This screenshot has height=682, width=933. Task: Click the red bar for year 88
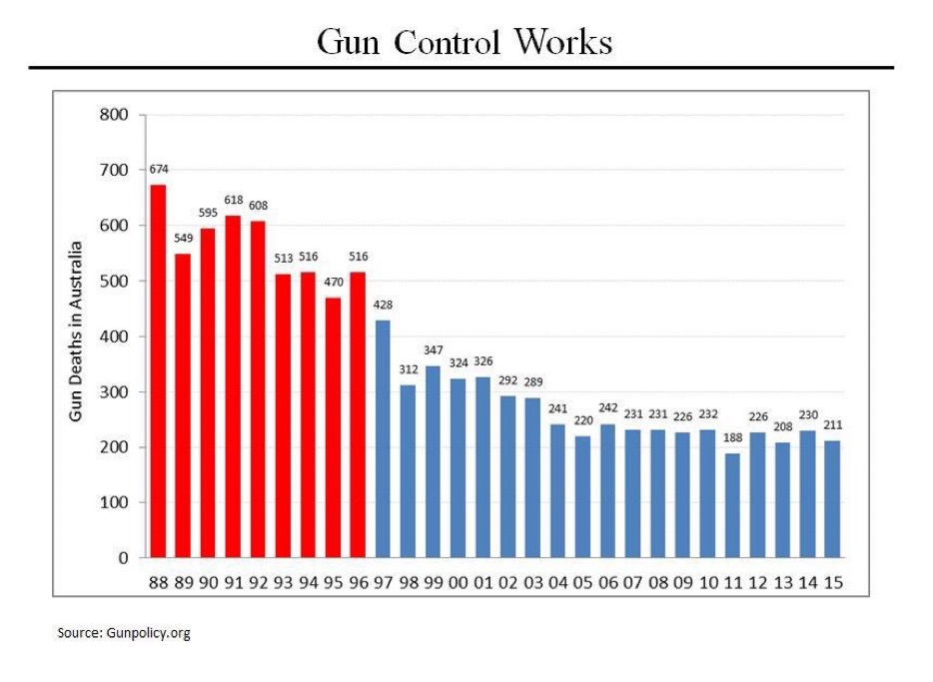158,370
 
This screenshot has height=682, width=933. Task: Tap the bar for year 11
732,505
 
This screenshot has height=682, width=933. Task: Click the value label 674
158,169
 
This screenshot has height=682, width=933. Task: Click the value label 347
434,350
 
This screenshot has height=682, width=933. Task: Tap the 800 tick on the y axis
116,115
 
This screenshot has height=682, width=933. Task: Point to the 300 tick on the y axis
116,391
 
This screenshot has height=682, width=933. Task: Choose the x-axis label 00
459,582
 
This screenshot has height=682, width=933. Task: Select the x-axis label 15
832,582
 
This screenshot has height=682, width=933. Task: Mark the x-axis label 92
258,582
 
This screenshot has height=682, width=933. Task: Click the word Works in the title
562,42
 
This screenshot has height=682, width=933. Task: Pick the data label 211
832,426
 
